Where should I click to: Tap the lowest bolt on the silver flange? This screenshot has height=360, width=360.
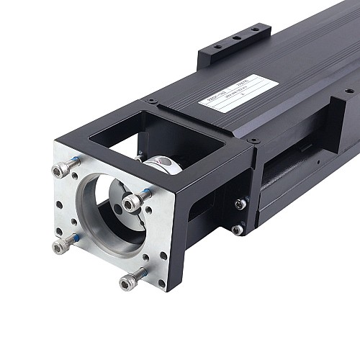(x=130, y=282)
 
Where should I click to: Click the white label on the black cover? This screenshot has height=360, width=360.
(x=238, y=94)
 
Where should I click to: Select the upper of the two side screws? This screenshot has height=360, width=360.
(x=240, y=204)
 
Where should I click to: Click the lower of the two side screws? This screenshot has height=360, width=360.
(x=237, y=230)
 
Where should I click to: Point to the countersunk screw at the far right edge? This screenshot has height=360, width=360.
(x=350, y=91)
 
